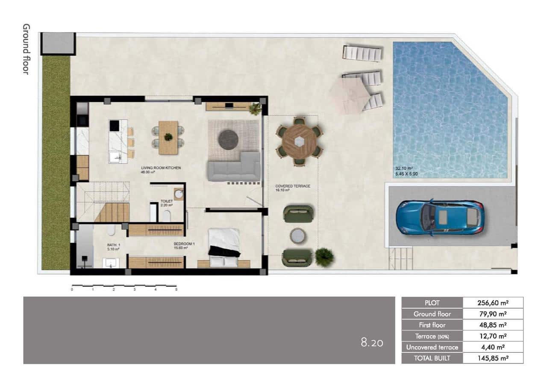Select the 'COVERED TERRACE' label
(293, 186)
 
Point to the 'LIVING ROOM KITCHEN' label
(161, 168)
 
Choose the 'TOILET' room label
(166, 201)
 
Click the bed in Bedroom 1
(224, 247)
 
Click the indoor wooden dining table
(168, 137)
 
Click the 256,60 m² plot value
(493, 303)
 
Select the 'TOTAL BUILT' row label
(432, 358)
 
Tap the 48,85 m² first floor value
(493, 325)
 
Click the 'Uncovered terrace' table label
(432, 347)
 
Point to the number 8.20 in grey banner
(372, 342)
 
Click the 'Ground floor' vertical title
(26, 49)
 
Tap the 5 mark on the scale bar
(176, 290)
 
